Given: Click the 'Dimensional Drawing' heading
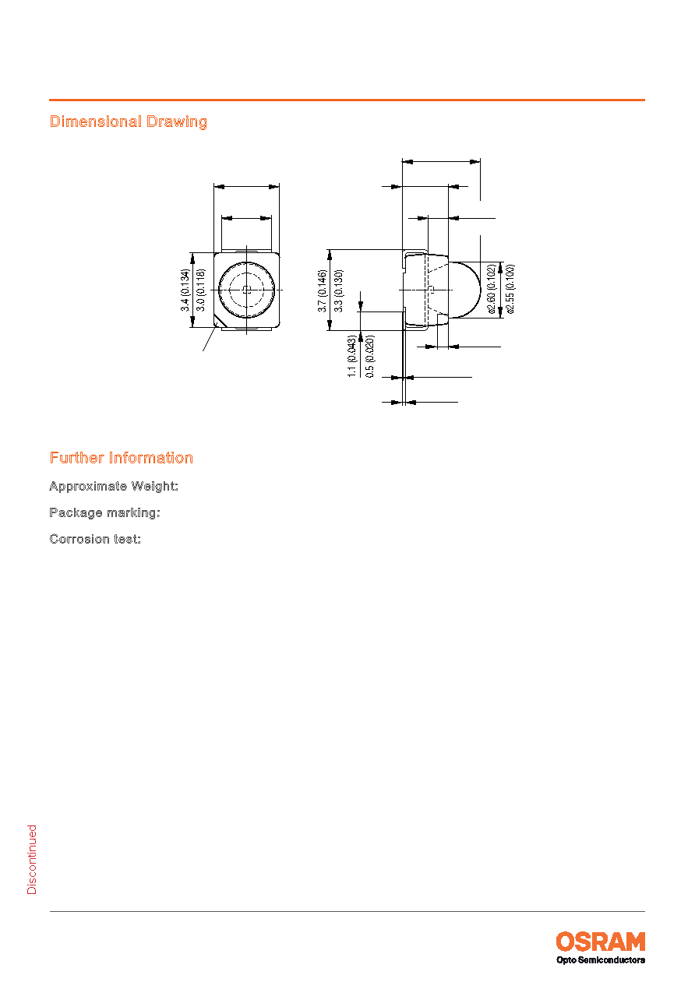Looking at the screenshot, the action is click(x=128, y=121).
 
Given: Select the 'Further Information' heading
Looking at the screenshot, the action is click(x=121, y=458).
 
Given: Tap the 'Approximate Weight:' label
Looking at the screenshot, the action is click(x=114, y=486).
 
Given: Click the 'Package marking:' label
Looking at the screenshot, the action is click(x=105, y=512).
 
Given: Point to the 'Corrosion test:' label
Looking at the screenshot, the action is click(x=95, y=539).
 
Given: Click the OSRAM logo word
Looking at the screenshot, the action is click(x=600, y=942).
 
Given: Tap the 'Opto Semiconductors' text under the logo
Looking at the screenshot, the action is click(x=600, y=960).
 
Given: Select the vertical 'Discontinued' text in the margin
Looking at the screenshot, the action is click(x=32, y=860).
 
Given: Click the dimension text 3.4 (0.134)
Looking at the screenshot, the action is click(x=185, y=290).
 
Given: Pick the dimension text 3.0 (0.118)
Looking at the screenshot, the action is click(x=200, y=290).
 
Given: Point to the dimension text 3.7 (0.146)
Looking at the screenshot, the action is click(x=323, y=290).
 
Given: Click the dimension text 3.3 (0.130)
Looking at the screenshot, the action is click(x=338, y=290).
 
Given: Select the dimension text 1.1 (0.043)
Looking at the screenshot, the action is click(x=352, y=357).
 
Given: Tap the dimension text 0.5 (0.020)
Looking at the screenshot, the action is click(x=369, y=357).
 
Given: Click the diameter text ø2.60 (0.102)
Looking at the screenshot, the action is click(x=492, y=289).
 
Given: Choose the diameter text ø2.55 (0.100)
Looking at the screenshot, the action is click(x=510, y=289).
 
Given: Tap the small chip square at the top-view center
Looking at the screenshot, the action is click(x=247, y=290).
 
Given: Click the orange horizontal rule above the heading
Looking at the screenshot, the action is click(x=347, y=100).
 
